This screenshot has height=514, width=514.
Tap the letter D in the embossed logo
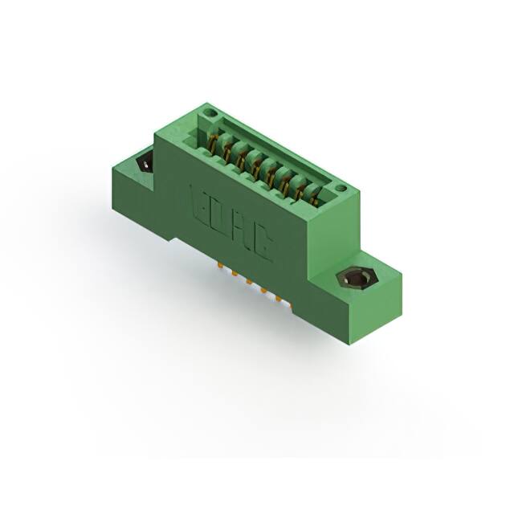(220, 216)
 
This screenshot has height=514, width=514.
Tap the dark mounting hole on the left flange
(146, 163)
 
